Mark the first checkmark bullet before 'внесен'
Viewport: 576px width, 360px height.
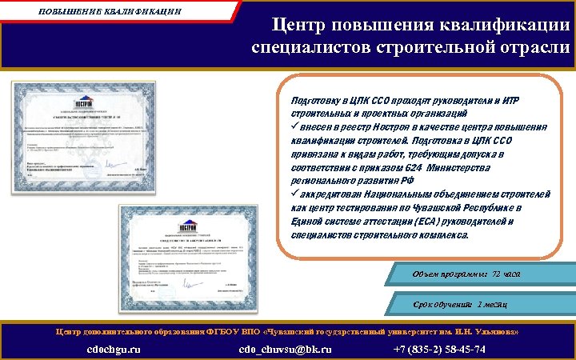click(x=294, y=127)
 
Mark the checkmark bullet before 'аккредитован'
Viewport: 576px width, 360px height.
click(x=294, y=194)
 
